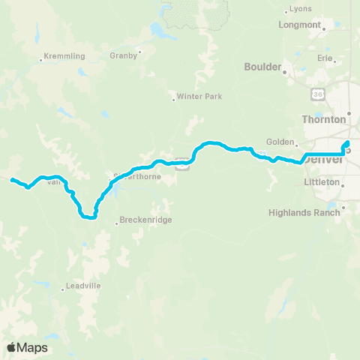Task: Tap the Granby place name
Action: [123, 55]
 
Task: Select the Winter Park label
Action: [196, 96]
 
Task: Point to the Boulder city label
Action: [262, 66]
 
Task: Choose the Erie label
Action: [324, 56]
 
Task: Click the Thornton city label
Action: [323, 119]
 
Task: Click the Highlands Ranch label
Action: [304, 212]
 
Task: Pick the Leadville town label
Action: [82, 286]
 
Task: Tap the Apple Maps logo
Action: [26, 347]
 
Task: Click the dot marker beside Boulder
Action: [284, 73]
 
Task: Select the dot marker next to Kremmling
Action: [41, 60]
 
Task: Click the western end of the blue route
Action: [11, 179]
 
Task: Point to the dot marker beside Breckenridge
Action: [116, 222]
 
